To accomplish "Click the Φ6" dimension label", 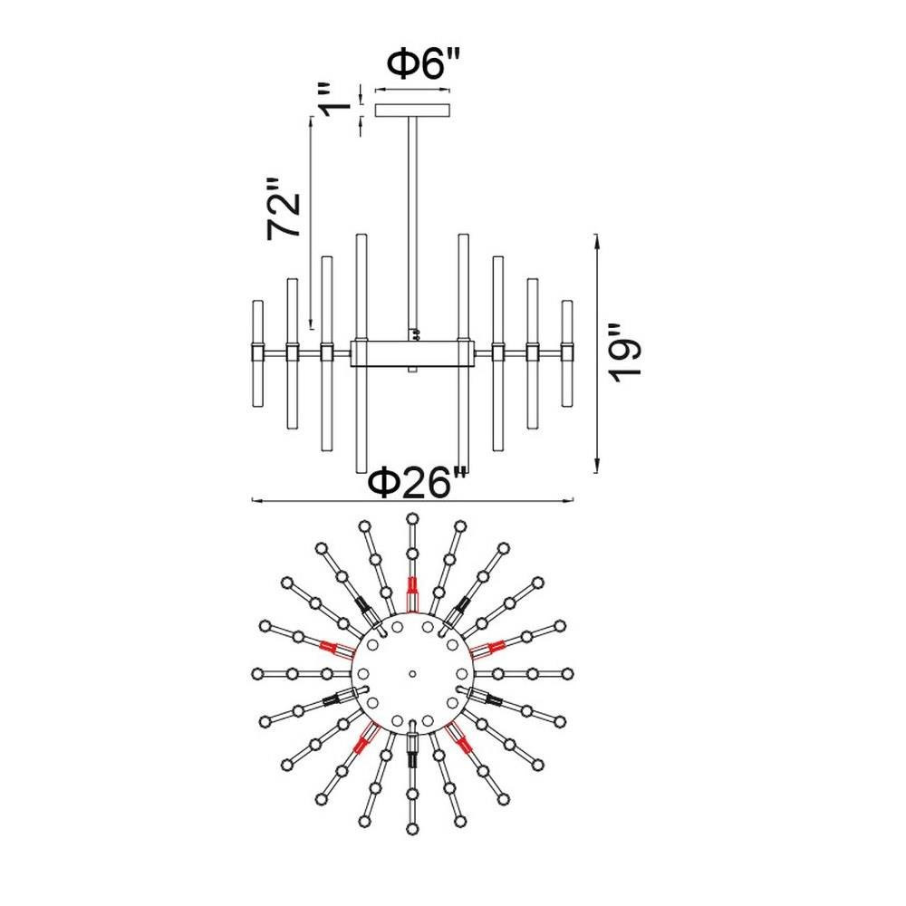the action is coord(423,64).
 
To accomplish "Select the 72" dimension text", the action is coord(284,208).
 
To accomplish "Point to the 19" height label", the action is coord(625,353).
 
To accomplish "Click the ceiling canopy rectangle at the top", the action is coord(412,110).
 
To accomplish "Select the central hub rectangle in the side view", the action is coord(412,353).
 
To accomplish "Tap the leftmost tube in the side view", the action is coord(257,353).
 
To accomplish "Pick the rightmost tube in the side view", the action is coord(567,353).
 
